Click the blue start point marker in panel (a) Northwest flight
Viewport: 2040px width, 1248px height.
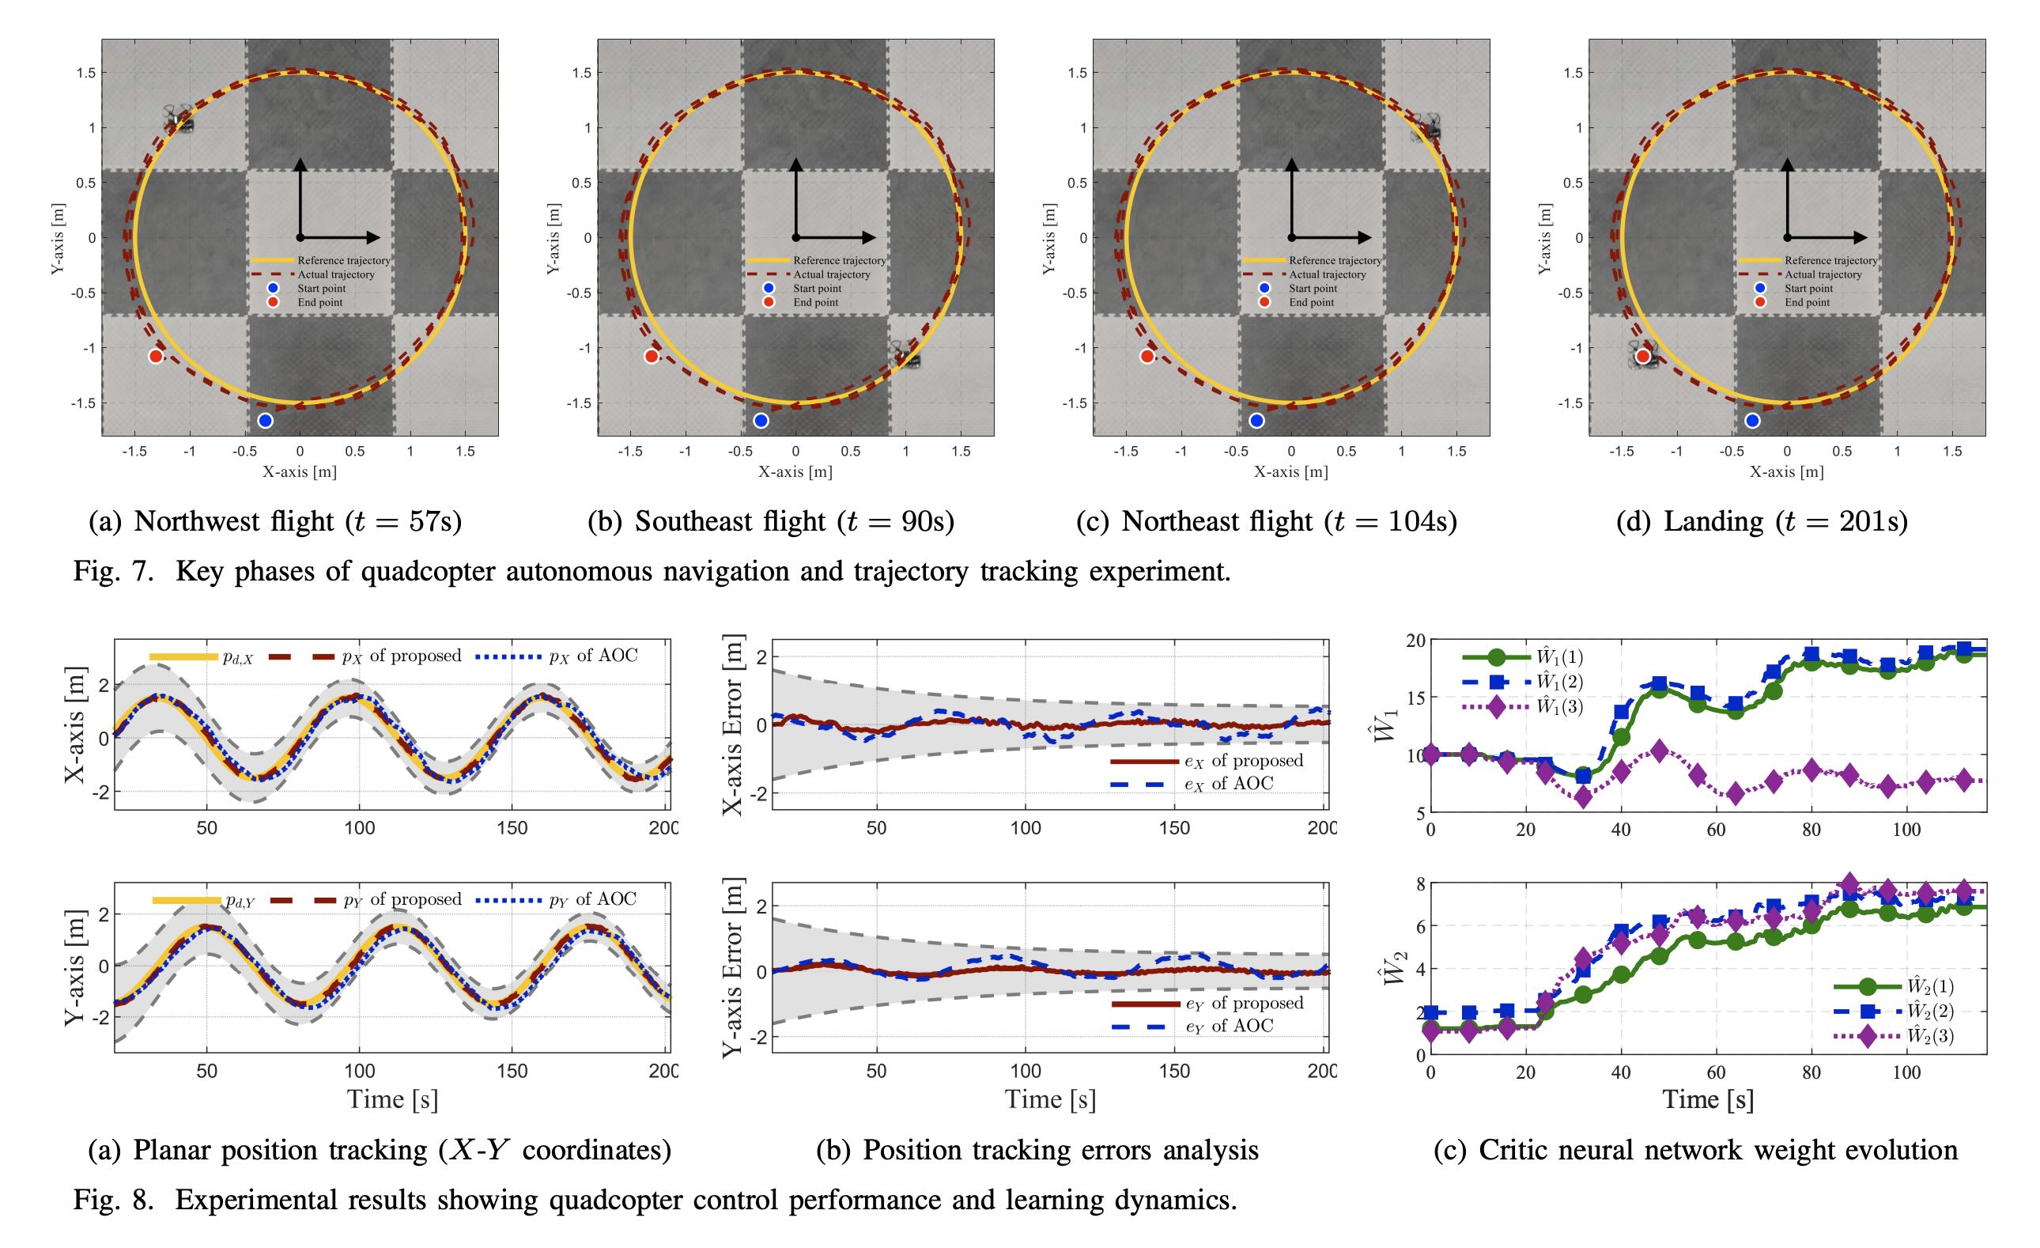coord(265,421)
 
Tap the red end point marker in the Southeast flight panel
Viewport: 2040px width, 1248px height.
coord(652,356)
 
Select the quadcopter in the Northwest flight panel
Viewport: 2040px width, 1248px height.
coord(180,120)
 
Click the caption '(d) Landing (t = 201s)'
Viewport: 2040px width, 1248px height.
coord(1762,521)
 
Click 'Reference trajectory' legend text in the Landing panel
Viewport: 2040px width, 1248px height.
coord(1830,260)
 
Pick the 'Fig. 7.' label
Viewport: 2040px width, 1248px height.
coord(113,572)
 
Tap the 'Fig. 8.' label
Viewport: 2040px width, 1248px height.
coord(113,1200)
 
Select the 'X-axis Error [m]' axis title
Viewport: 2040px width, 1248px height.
coord(733,725)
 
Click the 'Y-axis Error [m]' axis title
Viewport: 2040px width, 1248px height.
coord(733,966)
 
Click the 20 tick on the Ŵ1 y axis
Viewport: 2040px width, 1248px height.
coord(1414,640)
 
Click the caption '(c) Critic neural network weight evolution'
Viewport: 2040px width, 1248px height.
coord(1695,1150)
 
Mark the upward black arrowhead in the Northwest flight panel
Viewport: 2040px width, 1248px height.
coord(301,163)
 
